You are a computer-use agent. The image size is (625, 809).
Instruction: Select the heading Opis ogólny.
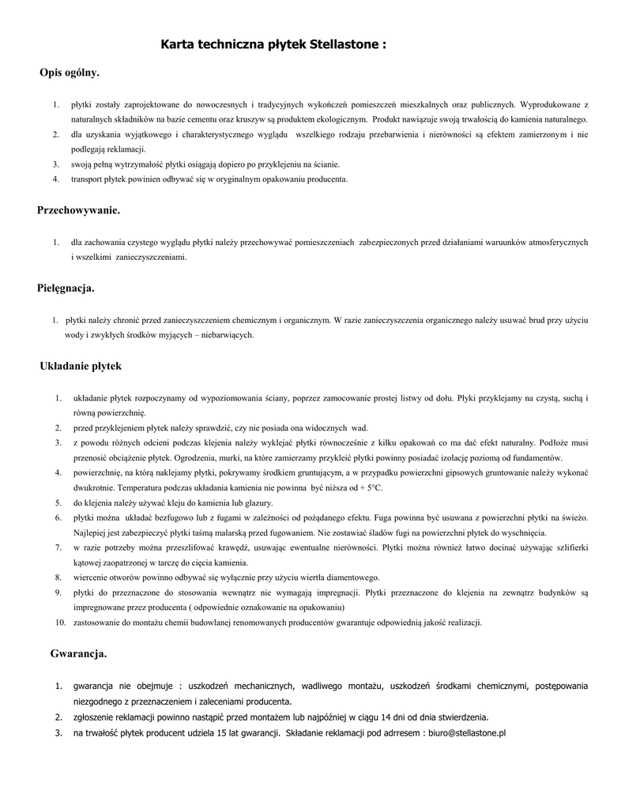[70, 73]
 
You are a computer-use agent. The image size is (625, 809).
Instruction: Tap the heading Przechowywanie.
[79, 210]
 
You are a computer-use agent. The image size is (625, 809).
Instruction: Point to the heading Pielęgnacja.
[66, 288]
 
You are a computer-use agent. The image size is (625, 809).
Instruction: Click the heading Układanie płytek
[81, 366]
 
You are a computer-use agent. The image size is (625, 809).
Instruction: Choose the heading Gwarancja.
[78, 654]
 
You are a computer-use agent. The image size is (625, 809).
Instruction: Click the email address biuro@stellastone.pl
[467, 733]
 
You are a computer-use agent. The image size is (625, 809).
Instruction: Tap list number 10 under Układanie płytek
[60, 623]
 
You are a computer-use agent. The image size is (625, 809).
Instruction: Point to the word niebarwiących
[228, 335]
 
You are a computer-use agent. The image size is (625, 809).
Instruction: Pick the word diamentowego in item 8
[353, 578]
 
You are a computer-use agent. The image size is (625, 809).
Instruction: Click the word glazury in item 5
[254, 503]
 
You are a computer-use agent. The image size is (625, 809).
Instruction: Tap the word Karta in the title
[178, 45]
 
